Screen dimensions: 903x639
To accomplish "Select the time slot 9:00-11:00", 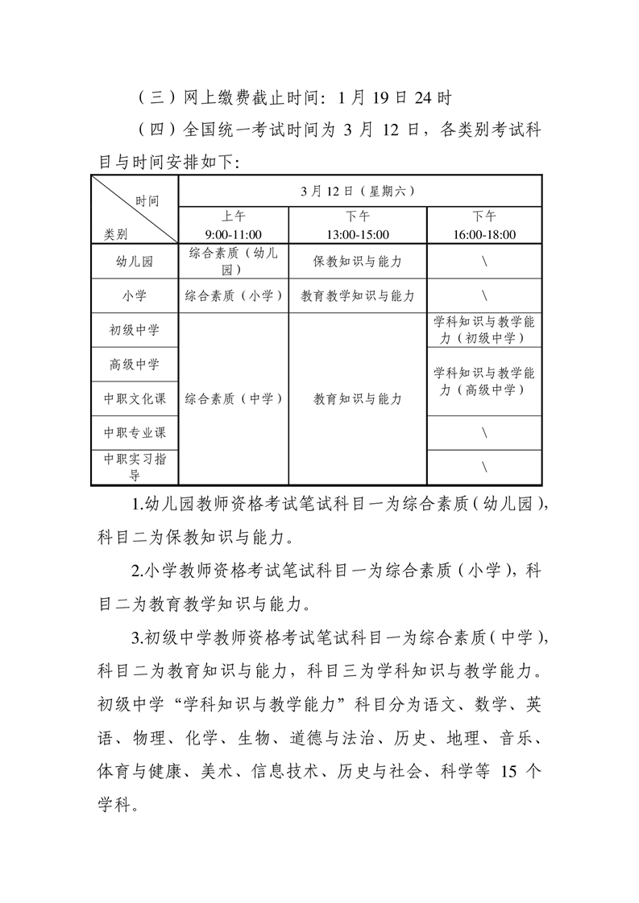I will pyautogui.click(x=234, y=234).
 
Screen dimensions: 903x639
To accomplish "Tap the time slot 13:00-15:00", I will pyautogui.click(x=357, y=234).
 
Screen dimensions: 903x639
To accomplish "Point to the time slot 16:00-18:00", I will pyautogui.click(x=484, y=234).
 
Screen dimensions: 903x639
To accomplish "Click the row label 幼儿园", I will pyautogui.click(x=135, y=262).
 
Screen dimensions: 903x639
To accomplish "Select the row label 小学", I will pyautogui.click(x=135, y=295).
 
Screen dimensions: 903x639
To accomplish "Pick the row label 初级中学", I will pyautogui.click(x=135, y=330).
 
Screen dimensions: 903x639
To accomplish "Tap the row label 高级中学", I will pyautogui.click(x=135, y=364).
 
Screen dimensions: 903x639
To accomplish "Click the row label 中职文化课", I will pyautogui.click(x=135, y=398).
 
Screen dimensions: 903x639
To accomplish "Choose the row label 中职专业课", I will pyautogui.click(x=135, y=432).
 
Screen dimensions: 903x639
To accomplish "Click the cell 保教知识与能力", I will pyautogui.click(x=357, y=262).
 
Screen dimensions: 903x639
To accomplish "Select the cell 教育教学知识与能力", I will pyautogui.click(x=357, y=295).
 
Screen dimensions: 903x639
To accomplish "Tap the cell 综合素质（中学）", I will pyautogui.click(x=234, y=398).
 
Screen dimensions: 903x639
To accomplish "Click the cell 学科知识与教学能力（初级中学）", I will pyautogui.click(x=484, y=330).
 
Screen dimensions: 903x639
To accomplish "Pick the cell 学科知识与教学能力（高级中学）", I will pyautogui.click(x=484, y=381).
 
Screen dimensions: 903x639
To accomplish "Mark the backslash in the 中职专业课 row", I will pyautogui.click(x=484, y=433).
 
